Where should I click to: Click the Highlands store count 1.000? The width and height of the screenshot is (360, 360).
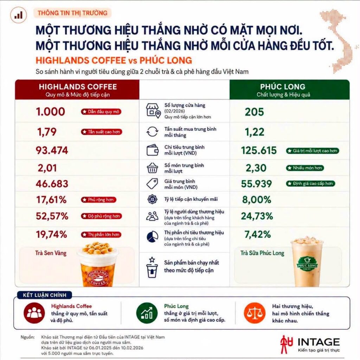tap(51, 112)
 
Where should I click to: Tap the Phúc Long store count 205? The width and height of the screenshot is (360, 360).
tap(255, 112)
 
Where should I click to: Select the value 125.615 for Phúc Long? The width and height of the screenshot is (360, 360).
tap(259, 150)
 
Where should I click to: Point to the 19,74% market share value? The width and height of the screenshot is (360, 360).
tap(51, 234)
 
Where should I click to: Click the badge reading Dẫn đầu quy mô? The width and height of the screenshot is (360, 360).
tap(101, 112)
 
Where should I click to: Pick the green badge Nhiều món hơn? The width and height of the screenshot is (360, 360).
tap(305, 168)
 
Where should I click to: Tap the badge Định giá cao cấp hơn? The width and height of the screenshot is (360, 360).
tap(310, 184)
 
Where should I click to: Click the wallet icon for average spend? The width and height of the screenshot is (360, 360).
tap(153, 150)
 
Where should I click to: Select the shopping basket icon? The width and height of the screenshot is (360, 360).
tap(152, 168)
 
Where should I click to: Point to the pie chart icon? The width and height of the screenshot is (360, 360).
tap(153, 237)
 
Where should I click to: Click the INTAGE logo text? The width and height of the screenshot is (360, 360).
tap(319, 342)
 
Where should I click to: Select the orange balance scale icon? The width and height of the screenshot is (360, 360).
tap(255, 313)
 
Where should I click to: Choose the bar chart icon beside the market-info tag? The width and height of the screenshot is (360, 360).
tap(19, 15)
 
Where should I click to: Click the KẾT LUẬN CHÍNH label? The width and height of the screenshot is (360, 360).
tap(45, 295)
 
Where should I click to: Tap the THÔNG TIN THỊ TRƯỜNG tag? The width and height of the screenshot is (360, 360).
tap(72, 13)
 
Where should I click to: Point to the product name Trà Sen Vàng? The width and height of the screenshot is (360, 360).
tap(51, 253)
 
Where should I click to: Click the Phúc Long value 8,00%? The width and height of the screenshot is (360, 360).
tap(257, 200)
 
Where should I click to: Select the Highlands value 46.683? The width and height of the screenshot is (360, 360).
tap(52, 184)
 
